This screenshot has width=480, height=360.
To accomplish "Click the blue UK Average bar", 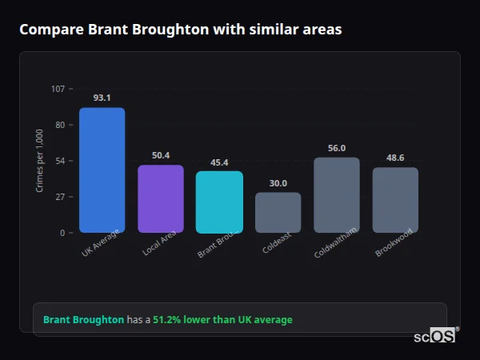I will point(102,170).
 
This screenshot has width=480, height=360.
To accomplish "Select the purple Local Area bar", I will point(161,199).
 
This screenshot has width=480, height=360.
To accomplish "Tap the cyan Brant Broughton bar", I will point(219,202).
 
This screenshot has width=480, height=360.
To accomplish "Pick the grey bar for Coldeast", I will point(278,213).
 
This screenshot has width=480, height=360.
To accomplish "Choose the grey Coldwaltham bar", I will point(336,195).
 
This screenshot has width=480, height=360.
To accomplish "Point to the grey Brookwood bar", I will point(395,200).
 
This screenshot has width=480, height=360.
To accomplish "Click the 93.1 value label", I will point(102,98).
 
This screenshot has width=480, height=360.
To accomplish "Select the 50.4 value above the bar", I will point(161,155).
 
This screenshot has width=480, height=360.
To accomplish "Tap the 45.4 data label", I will point(219,162).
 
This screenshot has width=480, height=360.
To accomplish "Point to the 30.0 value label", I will point(278,183).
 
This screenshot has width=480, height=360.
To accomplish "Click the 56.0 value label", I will point(336,148).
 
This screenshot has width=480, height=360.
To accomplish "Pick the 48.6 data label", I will point(395,158).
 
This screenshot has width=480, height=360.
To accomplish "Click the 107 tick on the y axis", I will point(58,89).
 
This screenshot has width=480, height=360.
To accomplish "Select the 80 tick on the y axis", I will point(59,125).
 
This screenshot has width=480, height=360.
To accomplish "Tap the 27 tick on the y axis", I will point(59,197).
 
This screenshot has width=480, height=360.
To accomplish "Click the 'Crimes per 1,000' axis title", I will point(40,161).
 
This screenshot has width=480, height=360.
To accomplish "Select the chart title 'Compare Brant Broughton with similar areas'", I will point(180,30).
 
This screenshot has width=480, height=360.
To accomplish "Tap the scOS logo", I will point(435,336).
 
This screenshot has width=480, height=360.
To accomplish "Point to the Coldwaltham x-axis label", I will point(335,242).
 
